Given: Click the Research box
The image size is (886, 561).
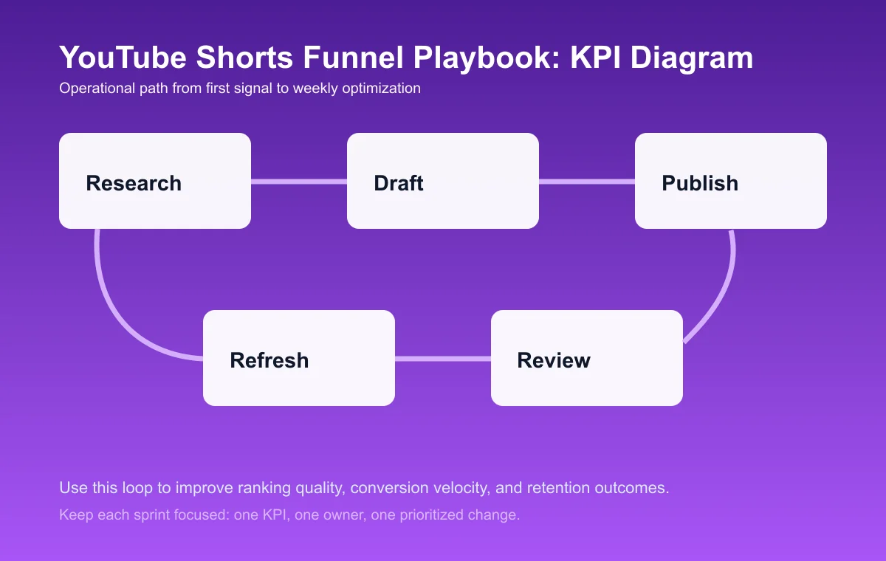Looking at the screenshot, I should pos(155,181).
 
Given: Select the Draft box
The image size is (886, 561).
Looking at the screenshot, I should pos(443,181).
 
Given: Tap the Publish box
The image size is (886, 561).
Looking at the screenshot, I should pos(731,181).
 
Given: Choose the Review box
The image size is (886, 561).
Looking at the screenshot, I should pos(587,358).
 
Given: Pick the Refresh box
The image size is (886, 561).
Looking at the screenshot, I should pos(299,358).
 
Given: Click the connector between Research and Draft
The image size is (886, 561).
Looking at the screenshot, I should pos(299,181).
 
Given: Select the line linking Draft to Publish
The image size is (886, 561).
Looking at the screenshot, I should pos(587,181).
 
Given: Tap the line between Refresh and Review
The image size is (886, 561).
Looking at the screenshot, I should pos(443,359).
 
